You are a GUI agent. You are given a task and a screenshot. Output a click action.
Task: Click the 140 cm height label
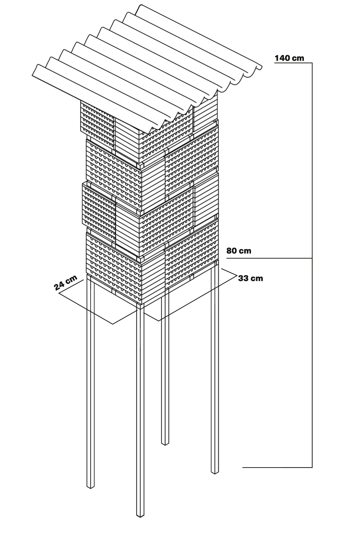point(289,58)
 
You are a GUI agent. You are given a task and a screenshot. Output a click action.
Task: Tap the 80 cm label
point(239,251)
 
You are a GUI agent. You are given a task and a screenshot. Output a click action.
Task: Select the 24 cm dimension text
point(66,283)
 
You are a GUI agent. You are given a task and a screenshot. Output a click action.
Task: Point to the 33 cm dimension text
point(251,278)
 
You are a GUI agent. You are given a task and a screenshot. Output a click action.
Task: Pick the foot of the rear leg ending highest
point(165,443)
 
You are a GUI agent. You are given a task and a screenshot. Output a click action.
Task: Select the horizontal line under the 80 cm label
point(268,258)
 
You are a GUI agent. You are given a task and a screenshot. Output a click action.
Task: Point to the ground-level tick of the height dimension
point(275,467)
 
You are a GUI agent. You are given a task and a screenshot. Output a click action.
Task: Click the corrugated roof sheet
point(145,65)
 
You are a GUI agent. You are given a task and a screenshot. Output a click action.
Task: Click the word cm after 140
point(297,58)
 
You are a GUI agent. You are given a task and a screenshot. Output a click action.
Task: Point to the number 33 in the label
point(244,278)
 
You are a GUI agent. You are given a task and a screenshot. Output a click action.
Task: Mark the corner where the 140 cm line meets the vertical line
point(312,63)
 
